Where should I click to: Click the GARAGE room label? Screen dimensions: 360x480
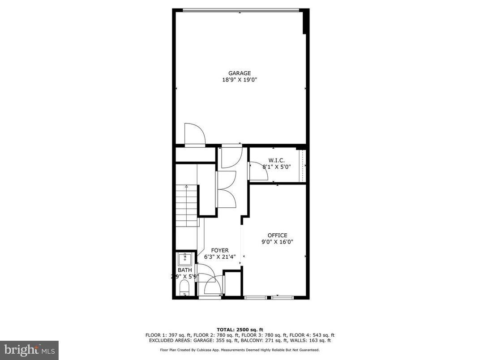240,73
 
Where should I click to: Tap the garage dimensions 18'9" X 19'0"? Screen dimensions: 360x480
240,80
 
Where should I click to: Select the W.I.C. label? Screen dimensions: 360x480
276,160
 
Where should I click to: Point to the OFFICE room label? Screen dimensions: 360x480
277,236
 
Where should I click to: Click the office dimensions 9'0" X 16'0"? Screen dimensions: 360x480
277,242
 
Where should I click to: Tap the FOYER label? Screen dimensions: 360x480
220,250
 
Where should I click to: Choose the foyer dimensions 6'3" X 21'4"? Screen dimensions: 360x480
220,257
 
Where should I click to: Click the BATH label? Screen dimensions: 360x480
184,270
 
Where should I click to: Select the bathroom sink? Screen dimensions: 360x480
184,259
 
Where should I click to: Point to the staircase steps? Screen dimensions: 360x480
186,206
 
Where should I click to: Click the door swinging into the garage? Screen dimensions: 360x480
195,134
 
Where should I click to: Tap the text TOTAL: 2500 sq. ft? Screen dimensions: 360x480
240,329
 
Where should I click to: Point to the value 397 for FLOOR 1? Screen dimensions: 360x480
176,335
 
